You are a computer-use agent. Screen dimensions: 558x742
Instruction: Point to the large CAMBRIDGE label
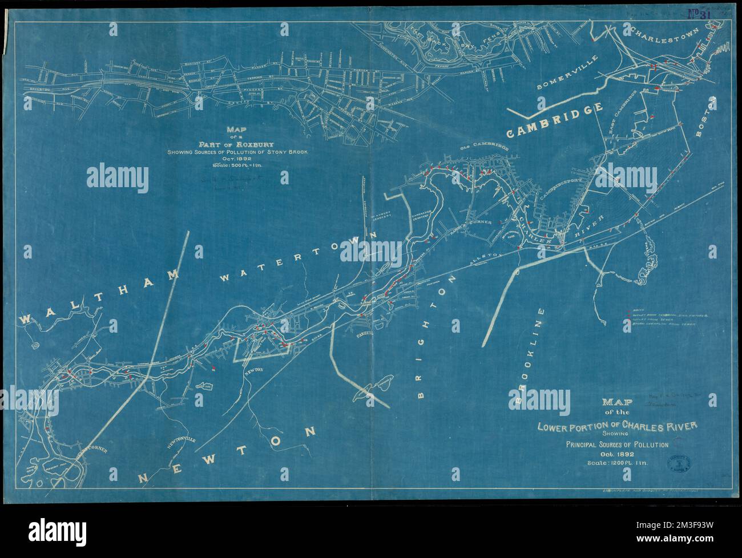point(555,119)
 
